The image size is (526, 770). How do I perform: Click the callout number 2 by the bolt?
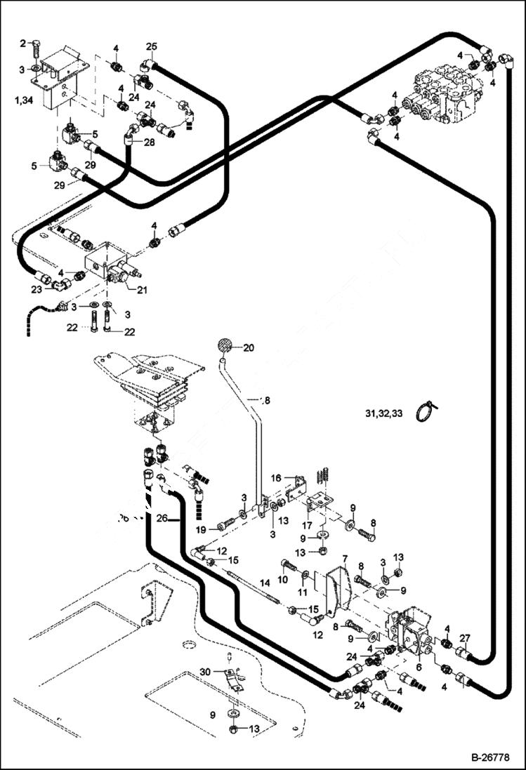[x=22, y=44]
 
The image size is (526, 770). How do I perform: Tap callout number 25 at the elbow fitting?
[x=151, y=46]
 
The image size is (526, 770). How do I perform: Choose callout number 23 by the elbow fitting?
[x=36, y=288]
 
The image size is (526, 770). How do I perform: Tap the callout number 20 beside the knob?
[x=251, y=347]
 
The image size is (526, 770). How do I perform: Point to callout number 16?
[x=277, y=477]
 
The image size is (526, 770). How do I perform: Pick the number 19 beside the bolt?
[x=202, y=529]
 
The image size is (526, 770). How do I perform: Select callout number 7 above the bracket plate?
[x=345, y=559]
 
